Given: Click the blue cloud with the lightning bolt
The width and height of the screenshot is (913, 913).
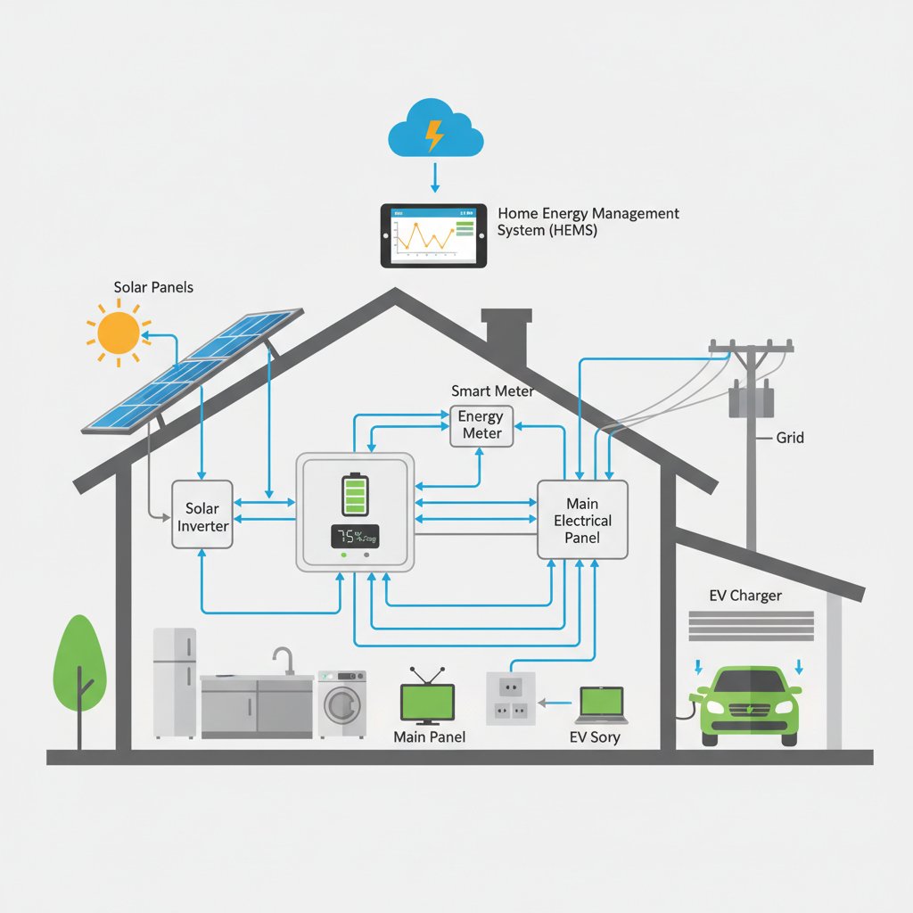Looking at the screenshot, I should pos(436,132).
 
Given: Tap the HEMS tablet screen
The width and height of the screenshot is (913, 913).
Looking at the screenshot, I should pos(434,235).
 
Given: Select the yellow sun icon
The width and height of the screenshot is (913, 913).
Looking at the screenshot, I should pos(118,333).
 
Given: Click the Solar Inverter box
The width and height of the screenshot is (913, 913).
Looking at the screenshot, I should pos(202,516).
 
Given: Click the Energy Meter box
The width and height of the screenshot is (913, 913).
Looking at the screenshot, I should pos(481,425).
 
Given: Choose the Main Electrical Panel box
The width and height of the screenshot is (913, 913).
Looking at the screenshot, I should pos(582,521).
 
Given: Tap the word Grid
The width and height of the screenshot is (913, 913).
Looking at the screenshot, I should pos(790,438).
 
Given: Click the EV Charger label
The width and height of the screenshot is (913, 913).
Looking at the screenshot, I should pos(744,596).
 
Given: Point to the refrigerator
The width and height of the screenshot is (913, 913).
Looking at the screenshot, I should pos(175,683).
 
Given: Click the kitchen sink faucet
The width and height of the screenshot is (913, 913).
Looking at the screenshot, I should pos(284,659).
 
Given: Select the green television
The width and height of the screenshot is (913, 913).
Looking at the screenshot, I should pos(428,701).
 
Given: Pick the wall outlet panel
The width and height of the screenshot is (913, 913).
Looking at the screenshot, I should pos(510,697).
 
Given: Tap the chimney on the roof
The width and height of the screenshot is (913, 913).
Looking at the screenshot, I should pos(506,338).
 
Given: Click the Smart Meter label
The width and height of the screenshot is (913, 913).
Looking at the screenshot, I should pos(492,391).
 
